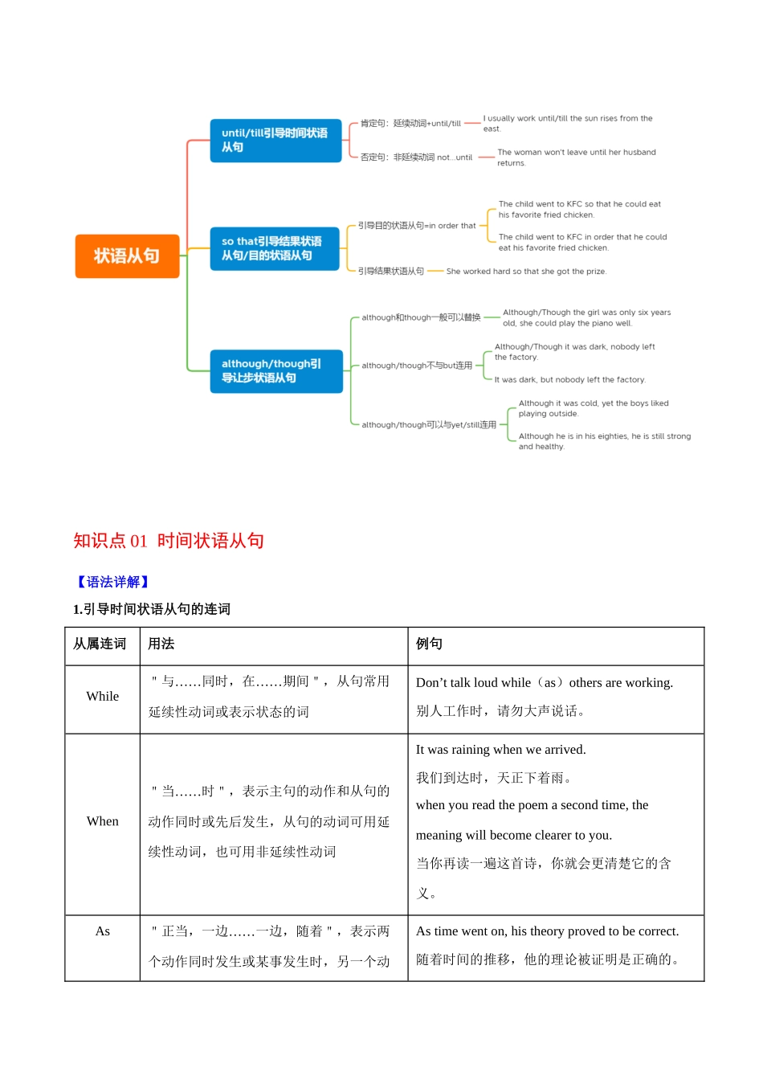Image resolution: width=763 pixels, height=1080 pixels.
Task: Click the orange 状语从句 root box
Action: coord(127,256)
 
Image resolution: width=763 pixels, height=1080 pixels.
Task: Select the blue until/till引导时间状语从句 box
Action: coord(275,141)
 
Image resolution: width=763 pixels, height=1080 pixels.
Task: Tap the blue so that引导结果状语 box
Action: coord(274,248)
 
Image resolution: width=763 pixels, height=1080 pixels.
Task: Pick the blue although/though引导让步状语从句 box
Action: coord(275,371)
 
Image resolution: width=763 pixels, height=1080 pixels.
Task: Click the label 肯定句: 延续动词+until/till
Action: coord(410,124)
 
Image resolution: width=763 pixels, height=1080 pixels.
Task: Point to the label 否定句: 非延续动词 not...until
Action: coord(416,157)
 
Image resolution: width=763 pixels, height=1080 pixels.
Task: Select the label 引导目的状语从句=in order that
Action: coord(417,226)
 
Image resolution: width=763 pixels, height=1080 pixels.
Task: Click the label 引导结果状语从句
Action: coord(391,272)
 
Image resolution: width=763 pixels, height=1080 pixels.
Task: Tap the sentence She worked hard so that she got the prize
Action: coord(526,272)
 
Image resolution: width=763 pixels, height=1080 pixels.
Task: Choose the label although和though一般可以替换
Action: coord(421,317)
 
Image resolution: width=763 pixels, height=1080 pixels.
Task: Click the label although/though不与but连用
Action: coord(417,366)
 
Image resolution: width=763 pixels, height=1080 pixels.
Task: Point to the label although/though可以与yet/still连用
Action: coord(429,425)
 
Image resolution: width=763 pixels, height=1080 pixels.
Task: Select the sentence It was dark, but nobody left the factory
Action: coord(569,380)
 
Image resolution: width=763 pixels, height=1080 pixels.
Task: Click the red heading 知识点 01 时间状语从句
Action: coord(169,541)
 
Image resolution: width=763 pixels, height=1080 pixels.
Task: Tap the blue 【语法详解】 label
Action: coord(112,582)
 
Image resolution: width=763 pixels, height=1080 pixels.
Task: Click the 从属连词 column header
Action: coord(100,644)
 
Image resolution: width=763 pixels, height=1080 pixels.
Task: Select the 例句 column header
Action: coord(429,644)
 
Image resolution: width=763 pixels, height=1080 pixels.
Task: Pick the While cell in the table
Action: coord(103,697)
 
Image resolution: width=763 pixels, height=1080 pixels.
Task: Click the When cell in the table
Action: coord(103,821)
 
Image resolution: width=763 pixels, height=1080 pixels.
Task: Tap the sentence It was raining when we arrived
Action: coord(501,750)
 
